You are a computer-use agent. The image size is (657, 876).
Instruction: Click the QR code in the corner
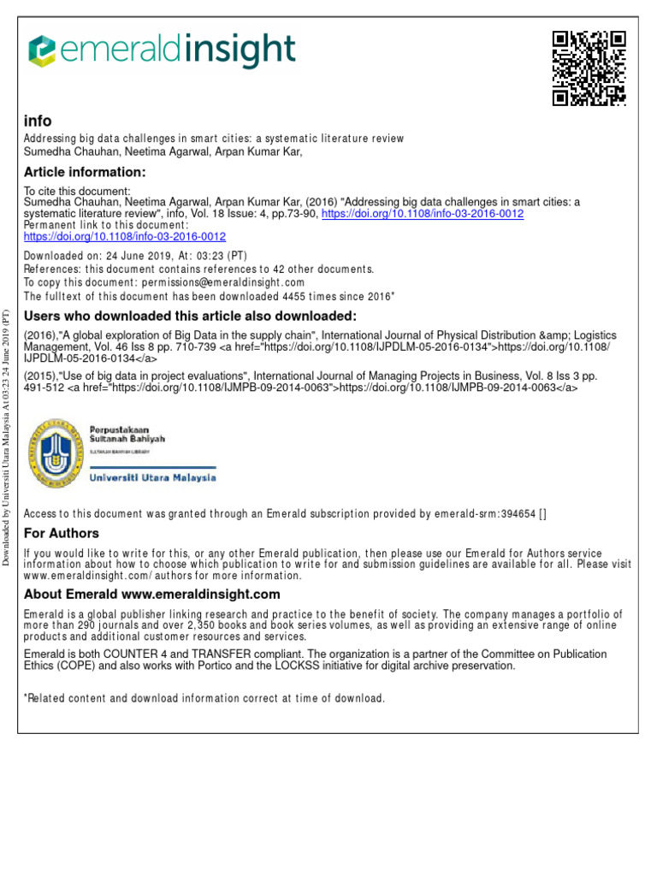[589, 68]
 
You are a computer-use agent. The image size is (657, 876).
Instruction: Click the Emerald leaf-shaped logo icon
[42, 50]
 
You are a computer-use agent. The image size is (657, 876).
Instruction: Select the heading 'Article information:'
[85, 172]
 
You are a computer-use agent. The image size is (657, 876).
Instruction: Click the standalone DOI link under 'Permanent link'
[125, 236]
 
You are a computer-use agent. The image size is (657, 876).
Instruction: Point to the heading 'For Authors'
[62, 534]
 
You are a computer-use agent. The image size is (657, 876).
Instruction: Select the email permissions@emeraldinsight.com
[222, 282]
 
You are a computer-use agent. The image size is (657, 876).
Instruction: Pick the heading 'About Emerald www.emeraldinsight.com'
[152, 594]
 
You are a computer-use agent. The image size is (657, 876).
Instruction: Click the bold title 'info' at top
[38, 121]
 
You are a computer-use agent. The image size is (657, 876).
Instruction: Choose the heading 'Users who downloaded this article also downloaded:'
[190, 317]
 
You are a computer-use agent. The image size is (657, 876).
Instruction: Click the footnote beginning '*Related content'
[204, 698]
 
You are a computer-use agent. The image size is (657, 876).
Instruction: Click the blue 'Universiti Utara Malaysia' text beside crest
[153, 478]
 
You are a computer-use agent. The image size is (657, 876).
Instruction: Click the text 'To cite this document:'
[77, 191]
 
